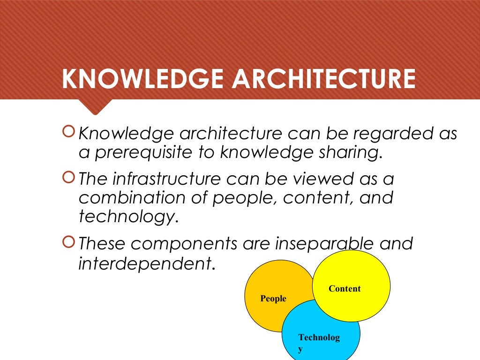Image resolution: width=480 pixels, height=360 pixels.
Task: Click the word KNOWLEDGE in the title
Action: [142, 80]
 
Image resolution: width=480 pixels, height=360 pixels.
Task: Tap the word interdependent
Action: [145, 263]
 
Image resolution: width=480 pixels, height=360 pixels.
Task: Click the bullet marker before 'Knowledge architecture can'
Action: [68, 133]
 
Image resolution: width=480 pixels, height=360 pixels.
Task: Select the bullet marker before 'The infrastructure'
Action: [68, 179]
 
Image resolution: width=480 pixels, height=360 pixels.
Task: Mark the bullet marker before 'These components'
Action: [68, 243]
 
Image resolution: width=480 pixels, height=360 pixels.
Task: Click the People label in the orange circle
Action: [273, 299]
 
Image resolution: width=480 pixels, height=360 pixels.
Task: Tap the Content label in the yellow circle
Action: [345, 289]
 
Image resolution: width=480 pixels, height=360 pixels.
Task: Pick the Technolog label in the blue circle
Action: [319, 338]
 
